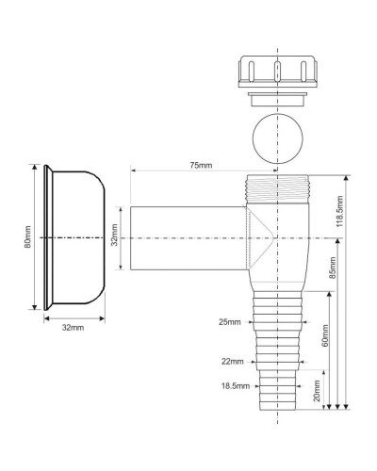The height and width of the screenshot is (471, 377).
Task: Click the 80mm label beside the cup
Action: (x=27, y=238)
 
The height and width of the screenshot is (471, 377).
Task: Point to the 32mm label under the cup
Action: (x=73, y=328)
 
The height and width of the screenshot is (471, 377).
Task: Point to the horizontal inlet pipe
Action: (x=179, y=238)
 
